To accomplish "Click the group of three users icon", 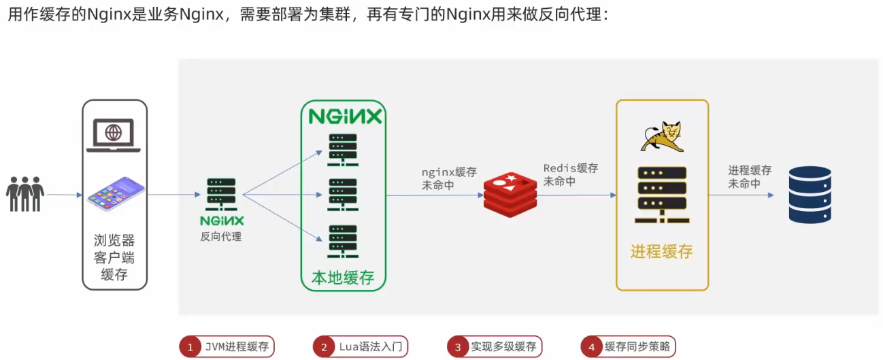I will click(25, 194).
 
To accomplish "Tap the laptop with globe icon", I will click(114, 135).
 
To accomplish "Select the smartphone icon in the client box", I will click(116, 193).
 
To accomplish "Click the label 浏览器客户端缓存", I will click(114, 257).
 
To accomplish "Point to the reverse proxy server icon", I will click(221, 194).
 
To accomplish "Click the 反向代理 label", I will click(221, 237).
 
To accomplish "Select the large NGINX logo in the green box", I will click(345, 116).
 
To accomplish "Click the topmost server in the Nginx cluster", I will click(343, 149).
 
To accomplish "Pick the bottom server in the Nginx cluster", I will click(343, 240).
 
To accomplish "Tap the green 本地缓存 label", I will click(344, 278).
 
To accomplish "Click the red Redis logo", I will click(510, 194).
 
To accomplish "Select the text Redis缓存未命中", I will click(570, 175).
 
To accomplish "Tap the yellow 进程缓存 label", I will click(661, 251).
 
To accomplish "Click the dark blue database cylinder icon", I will click(810, 195).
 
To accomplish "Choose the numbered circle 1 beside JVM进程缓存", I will click(190, 347).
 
